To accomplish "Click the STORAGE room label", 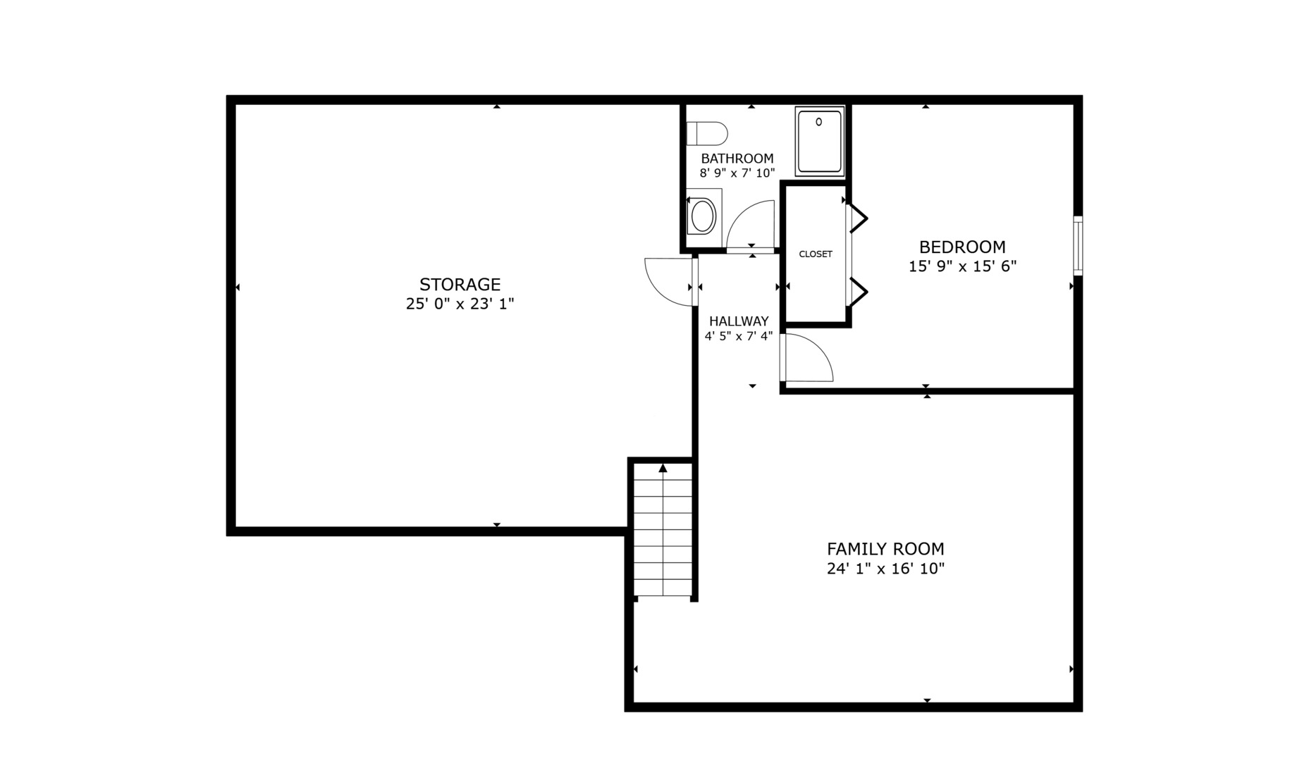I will (x=460, y=285).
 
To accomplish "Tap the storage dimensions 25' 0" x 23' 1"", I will (x=460, y=304).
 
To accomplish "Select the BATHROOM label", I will (x=737, y=159).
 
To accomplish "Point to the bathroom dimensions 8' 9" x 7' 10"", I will (x=737, y=173).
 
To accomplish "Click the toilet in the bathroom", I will (x=707, y=133).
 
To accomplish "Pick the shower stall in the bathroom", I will (x=819, y=141).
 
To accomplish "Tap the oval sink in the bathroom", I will (x=703, y=216).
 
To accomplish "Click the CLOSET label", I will (x=815, y=254).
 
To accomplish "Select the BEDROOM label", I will (x=961, y=247).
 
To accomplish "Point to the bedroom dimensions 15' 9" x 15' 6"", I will (x=961, y=266).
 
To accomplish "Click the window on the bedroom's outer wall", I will (x=1077, y=245).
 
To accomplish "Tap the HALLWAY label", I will (x=738, y=321).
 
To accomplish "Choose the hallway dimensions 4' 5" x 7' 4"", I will (x=738, y=337).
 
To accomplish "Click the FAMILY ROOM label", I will (x=885, y=549).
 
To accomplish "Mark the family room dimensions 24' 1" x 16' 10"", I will (x=885, y=569).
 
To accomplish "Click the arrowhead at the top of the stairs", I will (x=663, y=468).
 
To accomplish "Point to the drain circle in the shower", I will (x=818, y=122).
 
